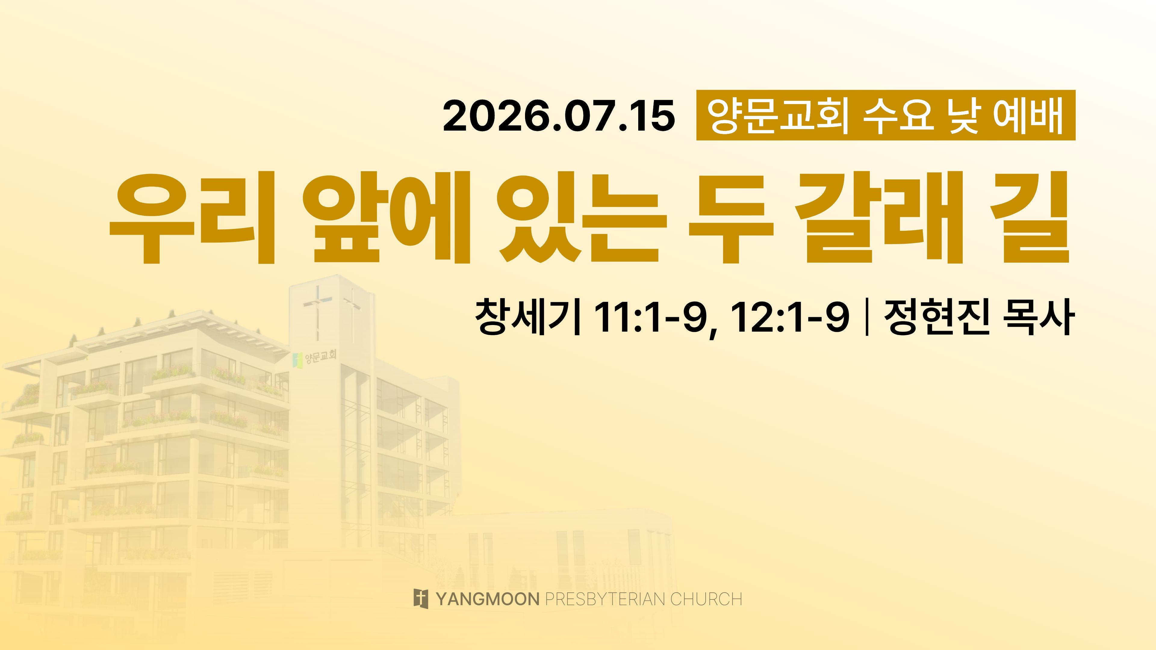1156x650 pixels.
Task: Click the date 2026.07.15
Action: pyautogui.click(x=559, y=116)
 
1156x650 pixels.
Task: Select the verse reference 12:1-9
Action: pyautogui.click(x=790, y=317)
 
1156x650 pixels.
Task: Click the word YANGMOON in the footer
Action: pyautogui.click(x=487, y=599)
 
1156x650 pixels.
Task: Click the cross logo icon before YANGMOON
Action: pyautogui.click(x=421, y=599)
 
